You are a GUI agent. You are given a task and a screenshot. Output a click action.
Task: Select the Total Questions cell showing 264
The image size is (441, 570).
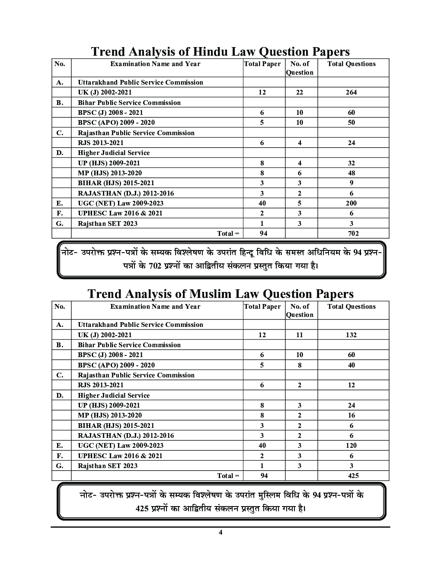pyautogui.click(x=351, y=92)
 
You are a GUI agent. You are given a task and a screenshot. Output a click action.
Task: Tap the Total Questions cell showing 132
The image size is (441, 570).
pyautogui.click(x=351, y=335)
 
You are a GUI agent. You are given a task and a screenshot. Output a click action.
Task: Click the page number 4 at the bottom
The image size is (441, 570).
pyautogui.click(x=220, y=532)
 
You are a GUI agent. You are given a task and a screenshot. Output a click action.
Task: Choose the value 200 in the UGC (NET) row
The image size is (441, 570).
pyautogui.click(x=351, y=203)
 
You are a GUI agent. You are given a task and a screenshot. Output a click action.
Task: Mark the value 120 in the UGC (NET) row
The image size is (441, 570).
pyautogui.click(x=351, y=446)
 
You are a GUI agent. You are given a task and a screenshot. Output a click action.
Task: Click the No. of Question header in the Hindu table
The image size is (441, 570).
pyautogui.click(x=300, y=68)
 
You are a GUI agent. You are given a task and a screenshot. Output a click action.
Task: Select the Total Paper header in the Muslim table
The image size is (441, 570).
pyautogui.click(x=262, y=307)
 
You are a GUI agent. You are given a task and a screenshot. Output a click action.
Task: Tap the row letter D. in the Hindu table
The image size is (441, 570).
pyautogui.click(x=60, y=153)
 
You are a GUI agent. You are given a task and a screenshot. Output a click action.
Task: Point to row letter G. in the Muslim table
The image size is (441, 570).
pyautogui.click(x=60, y=465)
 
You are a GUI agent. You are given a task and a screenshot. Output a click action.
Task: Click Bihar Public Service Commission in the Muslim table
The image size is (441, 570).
pyautogui.click(x=129, y=345)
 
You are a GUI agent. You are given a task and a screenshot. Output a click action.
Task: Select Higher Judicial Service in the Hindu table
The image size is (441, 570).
pyautogui.click(x=114, y=153)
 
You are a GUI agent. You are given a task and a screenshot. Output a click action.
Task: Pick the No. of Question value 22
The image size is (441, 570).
pyautogui.click(x=300, y=92)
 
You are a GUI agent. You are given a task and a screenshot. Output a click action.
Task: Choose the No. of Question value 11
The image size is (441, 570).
pyautogui.click(x=300, y=335)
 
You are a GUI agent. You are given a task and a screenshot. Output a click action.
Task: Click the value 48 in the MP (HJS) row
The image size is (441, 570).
pyautogui.click(x=351, y=173)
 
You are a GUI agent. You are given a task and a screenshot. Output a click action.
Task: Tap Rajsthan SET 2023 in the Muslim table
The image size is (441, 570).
pyautogui.click(x=108, y=465)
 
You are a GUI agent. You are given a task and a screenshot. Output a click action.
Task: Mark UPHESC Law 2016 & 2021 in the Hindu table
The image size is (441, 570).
pyautogui.click(x=120, y=213)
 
